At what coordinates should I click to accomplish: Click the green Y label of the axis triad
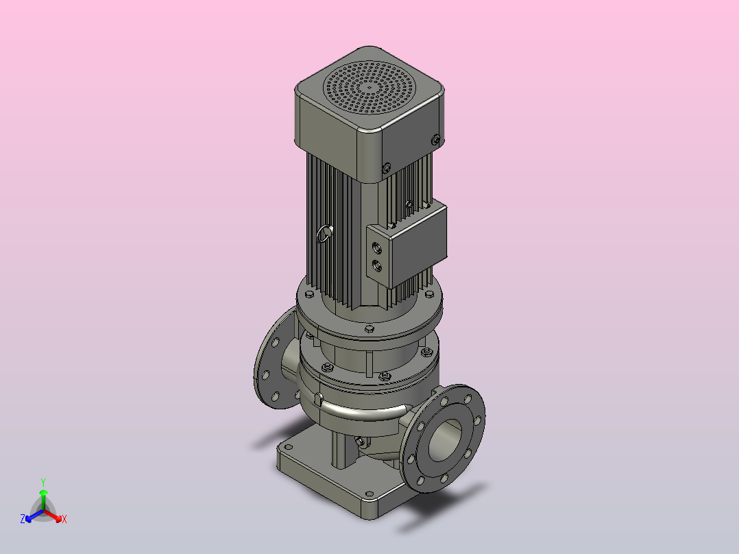(x=43, y=483)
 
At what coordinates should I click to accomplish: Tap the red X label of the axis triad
(x=64, y=519)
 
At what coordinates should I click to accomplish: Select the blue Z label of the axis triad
(x=23, y=519)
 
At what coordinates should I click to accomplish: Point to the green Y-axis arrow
(x=43, y=500)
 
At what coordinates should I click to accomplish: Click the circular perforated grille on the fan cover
(x=369, y=88)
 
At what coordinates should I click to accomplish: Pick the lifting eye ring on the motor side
(x=324, y=234)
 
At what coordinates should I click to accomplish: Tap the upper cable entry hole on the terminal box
(x=377, y=248)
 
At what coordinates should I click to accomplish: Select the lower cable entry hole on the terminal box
(x=377, y=266)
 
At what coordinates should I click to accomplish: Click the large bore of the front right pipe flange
(x=445, y=440)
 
